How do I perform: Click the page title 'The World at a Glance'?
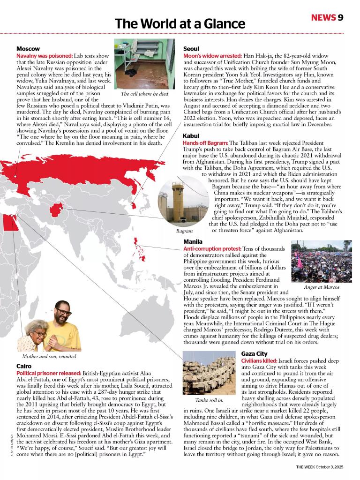click(180, 23)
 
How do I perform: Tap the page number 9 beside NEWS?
click(341, 17)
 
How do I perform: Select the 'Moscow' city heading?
click(28, 49)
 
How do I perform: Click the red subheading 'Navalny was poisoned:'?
click(45, 56)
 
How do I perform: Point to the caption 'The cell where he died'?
click(144, 94)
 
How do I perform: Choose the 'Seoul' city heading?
click(191, 49)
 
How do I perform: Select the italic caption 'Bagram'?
click(184, 231)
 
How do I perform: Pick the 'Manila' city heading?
click(193, 241)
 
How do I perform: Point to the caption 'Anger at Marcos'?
click(321, 287)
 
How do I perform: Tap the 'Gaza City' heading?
click(254, 353)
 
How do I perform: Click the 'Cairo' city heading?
click(24, 366)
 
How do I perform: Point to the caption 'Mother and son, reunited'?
click(49, 356)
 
